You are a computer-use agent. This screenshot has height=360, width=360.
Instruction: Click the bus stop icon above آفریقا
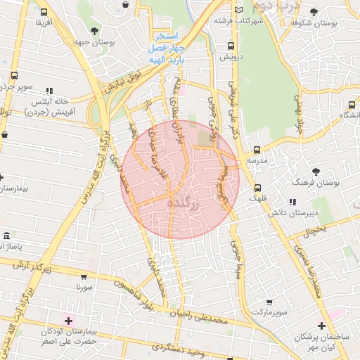pyautogui.click(x=44, y=12)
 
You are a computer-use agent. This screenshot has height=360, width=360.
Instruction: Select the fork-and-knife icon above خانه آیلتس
pyautogui.click(x=49, y=91)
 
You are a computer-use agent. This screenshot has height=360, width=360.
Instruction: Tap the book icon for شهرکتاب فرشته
pyautogui.click(x=239, y=10)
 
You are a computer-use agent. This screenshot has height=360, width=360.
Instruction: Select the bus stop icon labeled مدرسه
pyautogui.click(x=257, y=150)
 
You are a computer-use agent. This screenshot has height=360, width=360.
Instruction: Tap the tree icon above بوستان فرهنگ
pyautogui.click(x=316, y=171)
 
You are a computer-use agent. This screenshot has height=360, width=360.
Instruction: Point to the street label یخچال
pyautogui.click(x=316, y=230)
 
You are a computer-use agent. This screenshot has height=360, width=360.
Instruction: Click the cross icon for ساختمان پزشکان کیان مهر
pyautogui.click(x=321, y=326)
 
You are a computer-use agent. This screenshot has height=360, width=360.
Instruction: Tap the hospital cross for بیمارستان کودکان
pyautogui.click(x=67, y=321)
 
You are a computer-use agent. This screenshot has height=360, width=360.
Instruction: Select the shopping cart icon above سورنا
pyautogui.click(x=84, y=277)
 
